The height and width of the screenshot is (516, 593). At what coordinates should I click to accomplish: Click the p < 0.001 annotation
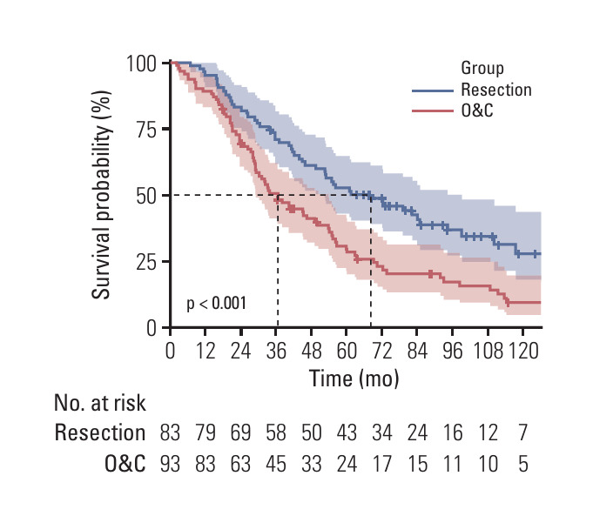[x=217, y=304]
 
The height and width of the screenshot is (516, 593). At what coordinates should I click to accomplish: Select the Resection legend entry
[x=495, y=90]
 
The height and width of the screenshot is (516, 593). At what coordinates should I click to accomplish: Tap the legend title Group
[x=482, y=68]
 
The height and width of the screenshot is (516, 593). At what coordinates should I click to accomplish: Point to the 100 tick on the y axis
[x=140, y=64]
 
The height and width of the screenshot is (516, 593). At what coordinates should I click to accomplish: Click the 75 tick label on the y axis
[x=145, y=130]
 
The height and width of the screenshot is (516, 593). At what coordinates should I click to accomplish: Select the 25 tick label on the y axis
[x=145, y=262]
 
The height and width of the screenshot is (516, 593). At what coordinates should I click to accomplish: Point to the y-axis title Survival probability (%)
[x=103, y=195]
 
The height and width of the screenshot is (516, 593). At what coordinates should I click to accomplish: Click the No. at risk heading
[x=100, y=403]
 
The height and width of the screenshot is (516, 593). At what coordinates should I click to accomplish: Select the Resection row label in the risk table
[x=100, y=432]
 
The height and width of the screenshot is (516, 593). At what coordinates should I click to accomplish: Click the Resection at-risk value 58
[x=276, y=432]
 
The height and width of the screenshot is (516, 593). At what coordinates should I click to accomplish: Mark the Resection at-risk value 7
[x=522, y=432]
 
